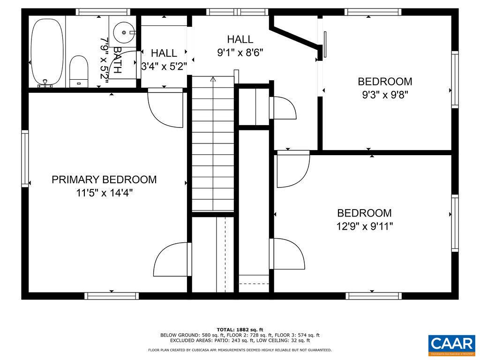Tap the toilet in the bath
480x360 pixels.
(x=78, y=71)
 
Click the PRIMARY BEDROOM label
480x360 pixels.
(x=104, y=180)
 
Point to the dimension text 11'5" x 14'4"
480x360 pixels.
(x=104, y=193)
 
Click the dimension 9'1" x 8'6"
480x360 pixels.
(x=240, y=52)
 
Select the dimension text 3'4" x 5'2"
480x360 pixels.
(x=164, y=67)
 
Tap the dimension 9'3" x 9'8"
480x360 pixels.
(x=385, y=95)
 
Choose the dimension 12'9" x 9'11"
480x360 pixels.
(x=364, y=226)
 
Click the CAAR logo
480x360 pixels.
(x=451, y=345)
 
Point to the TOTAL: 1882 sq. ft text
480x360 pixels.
(x=240, y=329)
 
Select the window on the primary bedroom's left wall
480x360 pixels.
(x=25, y=158)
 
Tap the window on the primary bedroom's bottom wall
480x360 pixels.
(x=112, y=296)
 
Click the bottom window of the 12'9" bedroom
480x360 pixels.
(x=374, y=296)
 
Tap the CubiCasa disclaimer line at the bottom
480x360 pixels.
(x=240, y=350)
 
